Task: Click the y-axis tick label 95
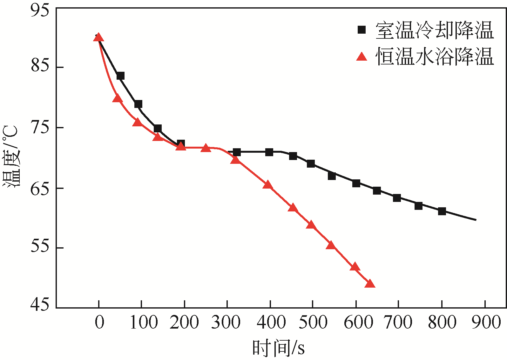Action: [x=40, y=10]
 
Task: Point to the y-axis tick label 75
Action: [x=40, y=128]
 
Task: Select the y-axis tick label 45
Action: [x=40, y=304]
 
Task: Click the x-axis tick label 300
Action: [x=226, y=323]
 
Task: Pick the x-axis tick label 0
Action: [x=99, y=323]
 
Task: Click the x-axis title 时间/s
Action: [x=278, y=348]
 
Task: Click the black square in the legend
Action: [x=362, y=30]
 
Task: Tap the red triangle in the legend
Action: [x=362, y=57]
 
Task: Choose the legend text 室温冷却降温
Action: [x=435, y=30]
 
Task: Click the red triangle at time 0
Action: [x=98, y=38]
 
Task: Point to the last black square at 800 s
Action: [x=442, y=211]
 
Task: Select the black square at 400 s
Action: [x=269, y=152]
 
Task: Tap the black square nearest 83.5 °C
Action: [x=120, y=76]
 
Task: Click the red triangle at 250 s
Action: [x=206, y=148]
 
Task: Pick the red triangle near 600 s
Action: [x=355, y=267]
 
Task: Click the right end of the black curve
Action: [x=476, y=220]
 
